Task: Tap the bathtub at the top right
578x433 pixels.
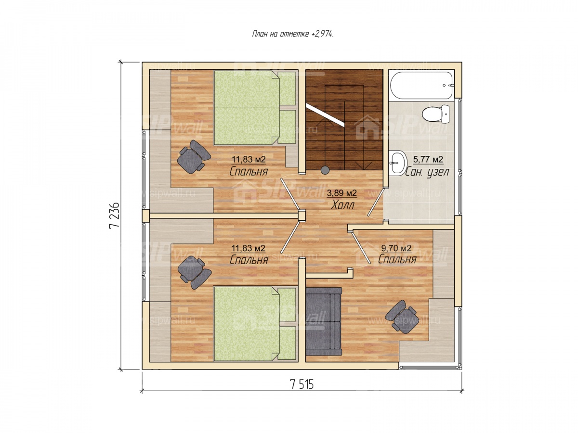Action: [421, 85]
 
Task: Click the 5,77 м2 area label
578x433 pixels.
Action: [428, 159]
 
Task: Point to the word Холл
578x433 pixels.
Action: [342, 205]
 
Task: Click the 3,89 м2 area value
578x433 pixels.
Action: [342, 193]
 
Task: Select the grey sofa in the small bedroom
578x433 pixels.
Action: [323, 321]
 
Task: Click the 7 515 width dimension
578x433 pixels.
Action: [302, 384]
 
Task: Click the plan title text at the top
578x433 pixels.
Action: [292, 34]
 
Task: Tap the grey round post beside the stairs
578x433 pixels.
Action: [325, 169]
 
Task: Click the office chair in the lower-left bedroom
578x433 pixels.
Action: [194, 272]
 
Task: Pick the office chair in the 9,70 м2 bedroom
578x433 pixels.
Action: [401, 317]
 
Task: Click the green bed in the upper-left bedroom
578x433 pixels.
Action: [255, 107]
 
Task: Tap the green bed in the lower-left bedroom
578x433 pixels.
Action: [255, 323]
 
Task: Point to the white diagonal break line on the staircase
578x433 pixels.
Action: [325, 115]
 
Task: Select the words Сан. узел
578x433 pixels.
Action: [427, 171]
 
